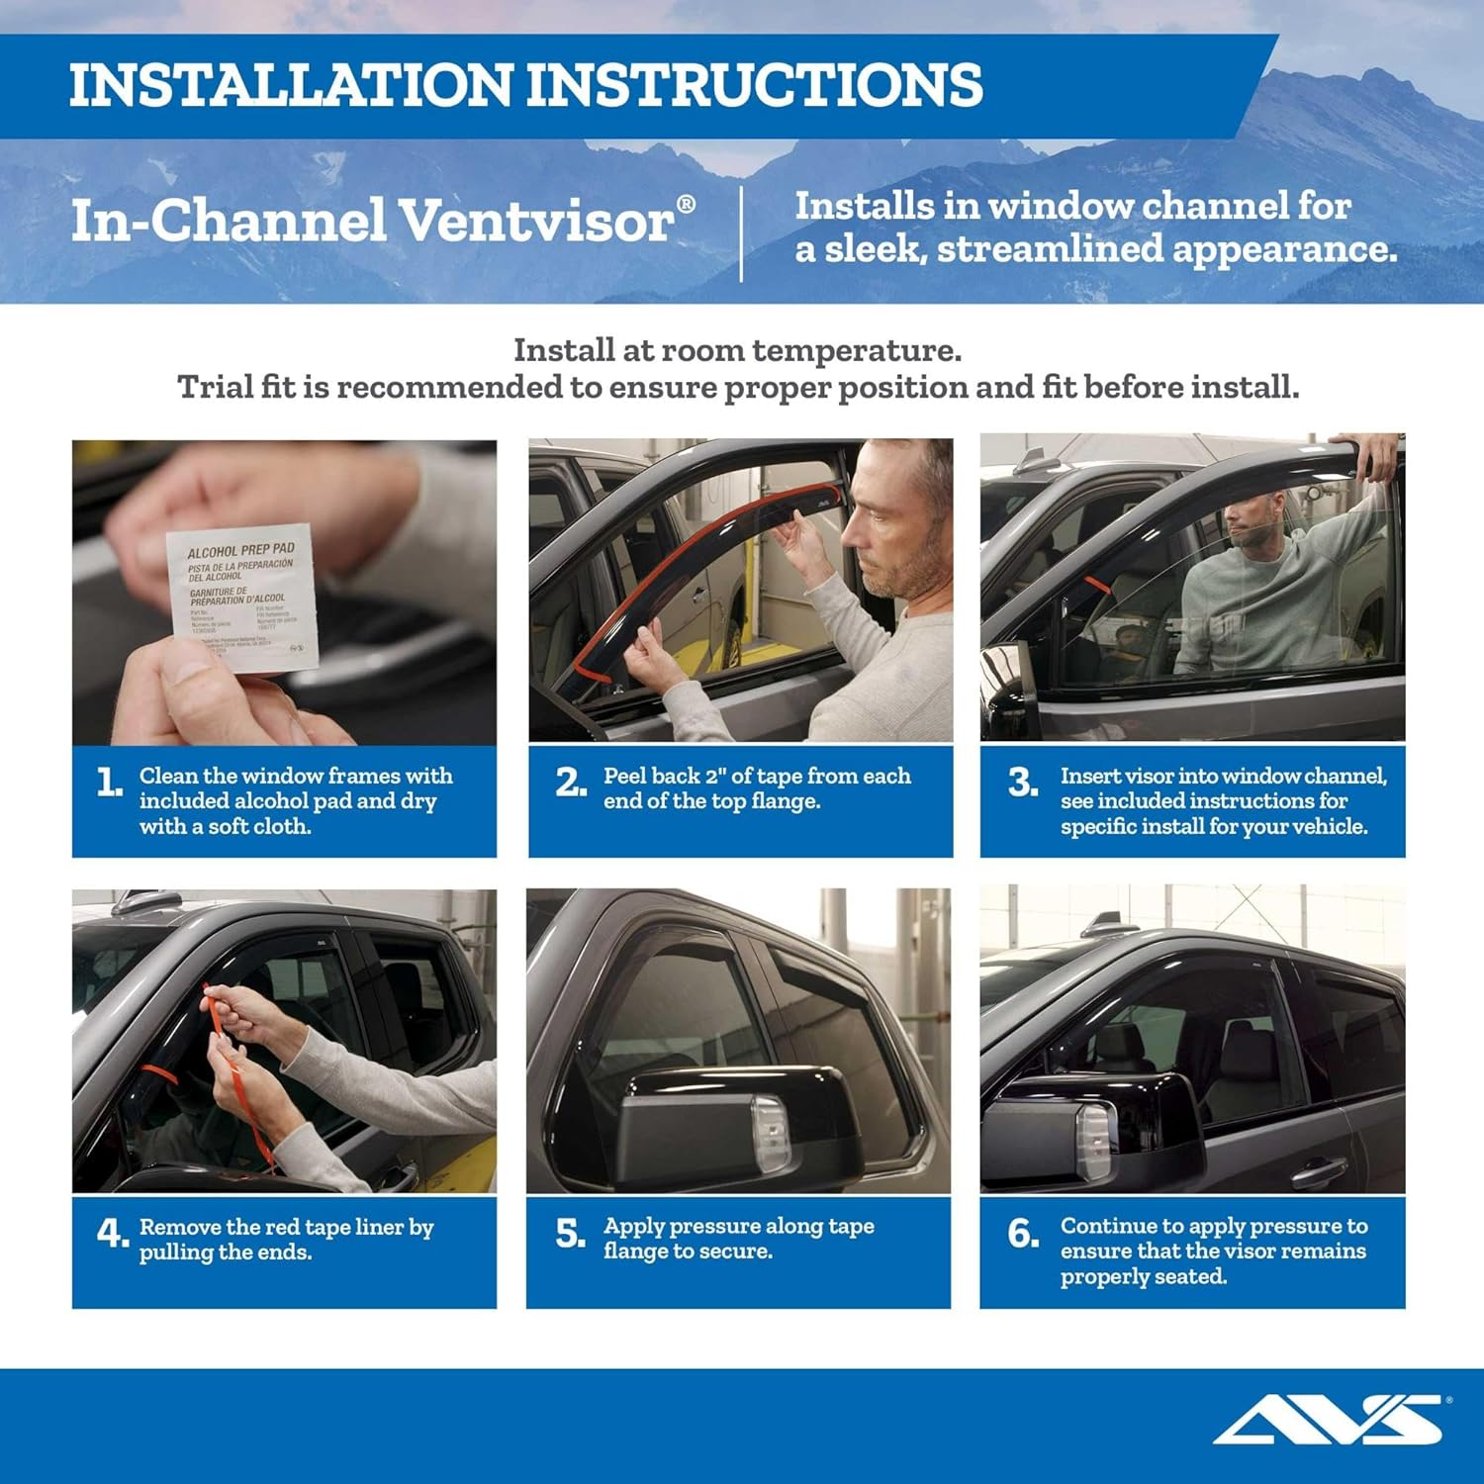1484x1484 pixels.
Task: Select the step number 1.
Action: pos(109,784)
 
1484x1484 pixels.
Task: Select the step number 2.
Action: pos(571,784)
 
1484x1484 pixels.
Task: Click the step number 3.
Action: pos(1023,784)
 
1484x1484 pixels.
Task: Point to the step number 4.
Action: pos(112,1234)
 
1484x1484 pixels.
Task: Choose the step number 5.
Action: pos(571,1234)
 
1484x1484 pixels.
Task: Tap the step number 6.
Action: pos(1023,1234)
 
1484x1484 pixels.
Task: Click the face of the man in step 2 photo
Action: pos(890,524)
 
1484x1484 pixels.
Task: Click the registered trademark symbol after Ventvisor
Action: pos(686,204)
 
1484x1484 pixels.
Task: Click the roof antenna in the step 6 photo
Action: pos(1096,926)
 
